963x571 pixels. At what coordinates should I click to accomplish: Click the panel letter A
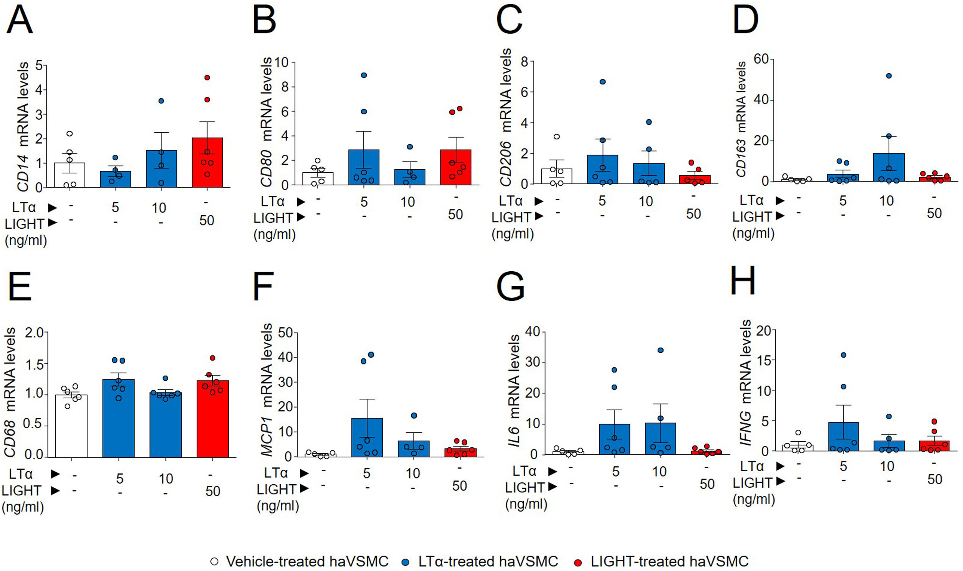tap(20, 20)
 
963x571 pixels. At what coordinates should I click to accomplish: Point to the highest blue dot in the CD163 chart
tap(889, 76)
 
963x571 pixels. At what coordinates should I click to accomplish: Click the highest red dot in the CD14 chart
tap(207, 78)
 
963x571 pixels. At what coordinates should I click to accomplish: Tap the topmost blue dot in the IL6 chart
tap(660, 350)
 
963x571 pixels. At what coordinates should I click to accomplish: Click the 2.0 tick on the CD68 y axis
tap(34, 332)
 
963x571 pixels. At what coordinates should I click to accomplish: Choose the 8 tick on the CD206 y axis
tap(524, 61)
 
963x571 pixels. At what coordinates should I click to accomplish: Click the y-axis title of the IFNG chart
tap(746, 383)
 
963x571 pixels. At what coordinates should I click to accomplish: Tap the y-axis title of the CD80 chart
tap(266, 122)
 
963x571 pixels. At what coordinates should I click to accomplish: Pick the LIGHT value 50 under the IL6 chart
tap(707, 484)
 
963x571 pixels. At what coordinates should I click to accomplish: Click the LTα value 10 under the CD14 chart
tap(159, 208)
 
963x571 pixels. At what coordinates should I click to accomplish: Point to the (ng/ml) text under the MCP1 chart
tap(278, 506)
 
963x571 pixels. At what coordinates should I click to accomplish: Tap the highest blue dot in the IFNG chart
tap(843, 355)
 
